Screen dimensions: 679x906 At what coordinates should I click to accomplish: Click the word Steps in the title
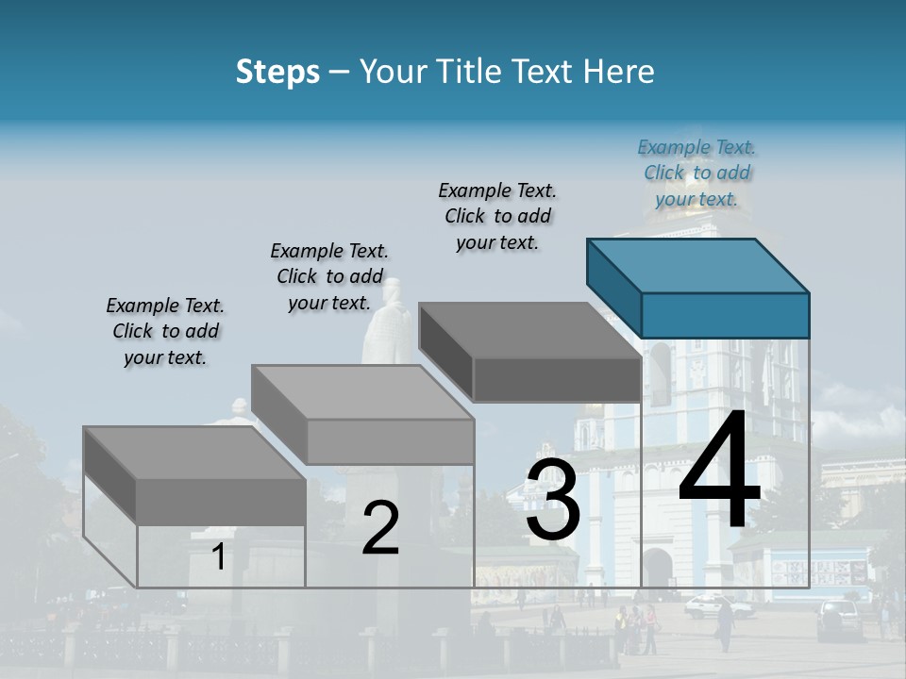pos(277,72)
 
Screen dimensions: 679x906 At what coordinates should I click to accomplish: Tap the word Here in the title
pos(619,72)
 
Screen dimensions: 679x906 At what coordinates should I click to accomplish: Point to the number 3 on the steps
pos(553,500)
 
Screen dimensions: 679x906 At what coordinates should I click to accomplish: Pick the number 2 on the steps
pos(380,529)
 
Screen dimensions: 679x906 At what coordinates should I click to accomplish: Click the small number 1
pos(218,557)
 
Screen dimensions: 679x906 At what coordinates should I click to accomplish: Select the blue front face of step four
pos(725,315)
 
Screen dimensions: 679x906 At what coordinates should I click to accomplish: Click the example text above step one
pos(165,331)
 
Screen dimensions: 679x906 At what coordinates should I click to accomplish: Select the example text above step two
pos(329,276)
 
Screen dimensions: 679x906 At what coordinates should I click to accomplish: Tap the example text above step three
pos(497,216)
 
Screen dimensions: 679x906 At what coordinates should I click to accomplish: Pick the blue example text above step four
pos(696,173)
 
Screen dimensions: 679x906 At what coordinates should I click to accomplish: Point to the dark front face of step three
pos(557,380)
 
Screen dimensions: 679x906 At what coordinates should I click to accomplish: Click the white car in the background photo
pos(717,607)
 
